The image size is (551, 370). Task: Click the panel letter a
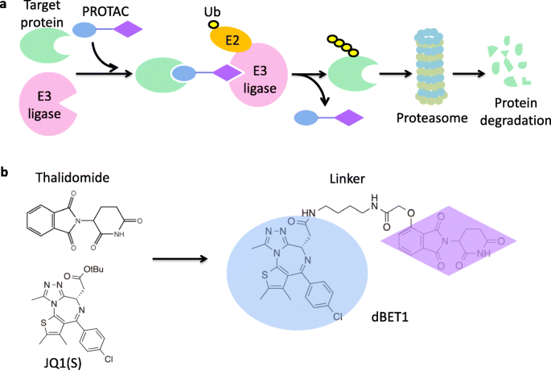click(x=6, y=6)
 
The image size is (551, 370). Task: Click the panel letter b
click(x=6, y=172)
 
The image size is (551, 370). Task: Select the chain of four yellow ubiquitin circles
click(x=343, y=43)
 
